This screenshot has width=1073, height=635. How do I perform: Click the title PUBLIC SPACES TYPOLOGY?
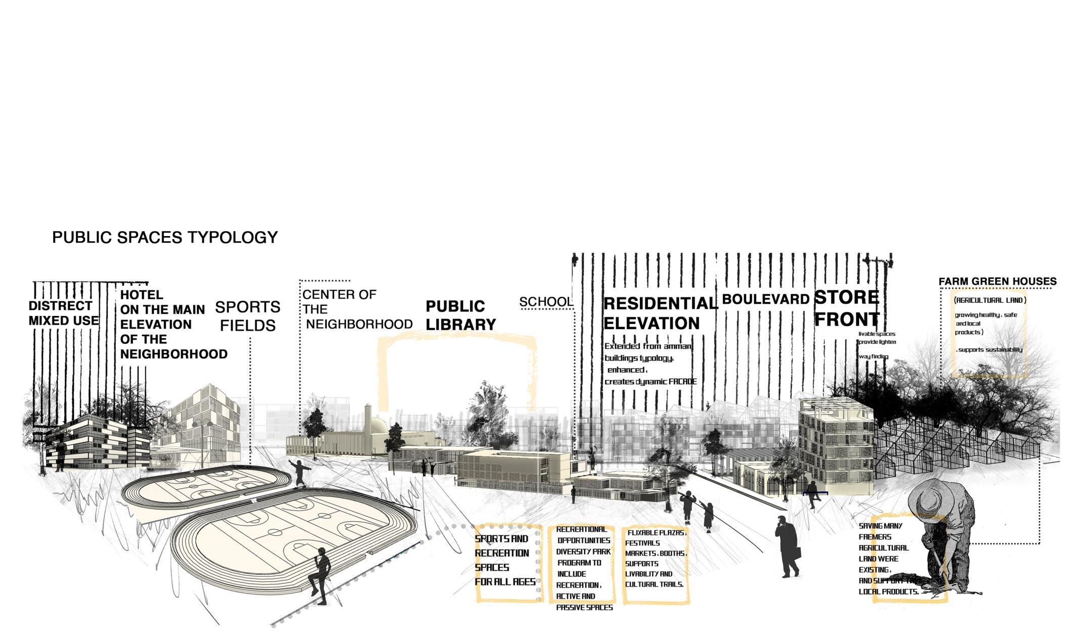165,238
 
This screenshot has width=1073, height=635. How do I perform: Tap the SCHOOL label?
546,302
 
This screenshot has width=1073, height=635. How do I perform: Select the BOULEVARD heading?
765,299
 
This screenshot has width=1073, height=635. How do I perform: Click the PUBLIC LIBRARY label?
460,315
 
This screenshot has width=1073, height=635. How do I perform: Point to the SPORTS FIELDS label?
247,316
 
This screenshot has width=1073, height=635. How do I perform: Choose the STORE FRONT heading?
847,308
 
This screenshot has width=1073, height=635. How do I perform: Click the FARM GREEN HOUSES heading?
997,282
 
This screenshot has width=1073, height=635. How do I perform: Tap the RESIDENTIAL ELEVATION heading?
660,313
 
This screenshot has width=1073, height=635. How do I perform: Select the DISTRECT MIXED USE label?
63,313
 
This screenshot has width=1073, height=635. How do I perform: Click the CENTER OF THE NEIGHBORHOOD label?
357,309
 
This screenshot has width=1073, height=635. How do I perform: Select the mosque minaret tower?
368,418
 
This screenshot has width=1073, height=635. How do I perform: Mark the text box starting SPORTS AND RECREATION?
505,560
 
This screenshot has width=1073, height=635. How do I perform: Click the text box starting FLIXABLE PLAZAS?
655,559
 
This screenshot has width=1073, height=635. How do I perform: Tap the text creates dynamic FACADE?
651,382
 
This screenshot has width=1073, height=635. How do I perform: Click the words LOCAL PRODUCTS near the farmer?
888,592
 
